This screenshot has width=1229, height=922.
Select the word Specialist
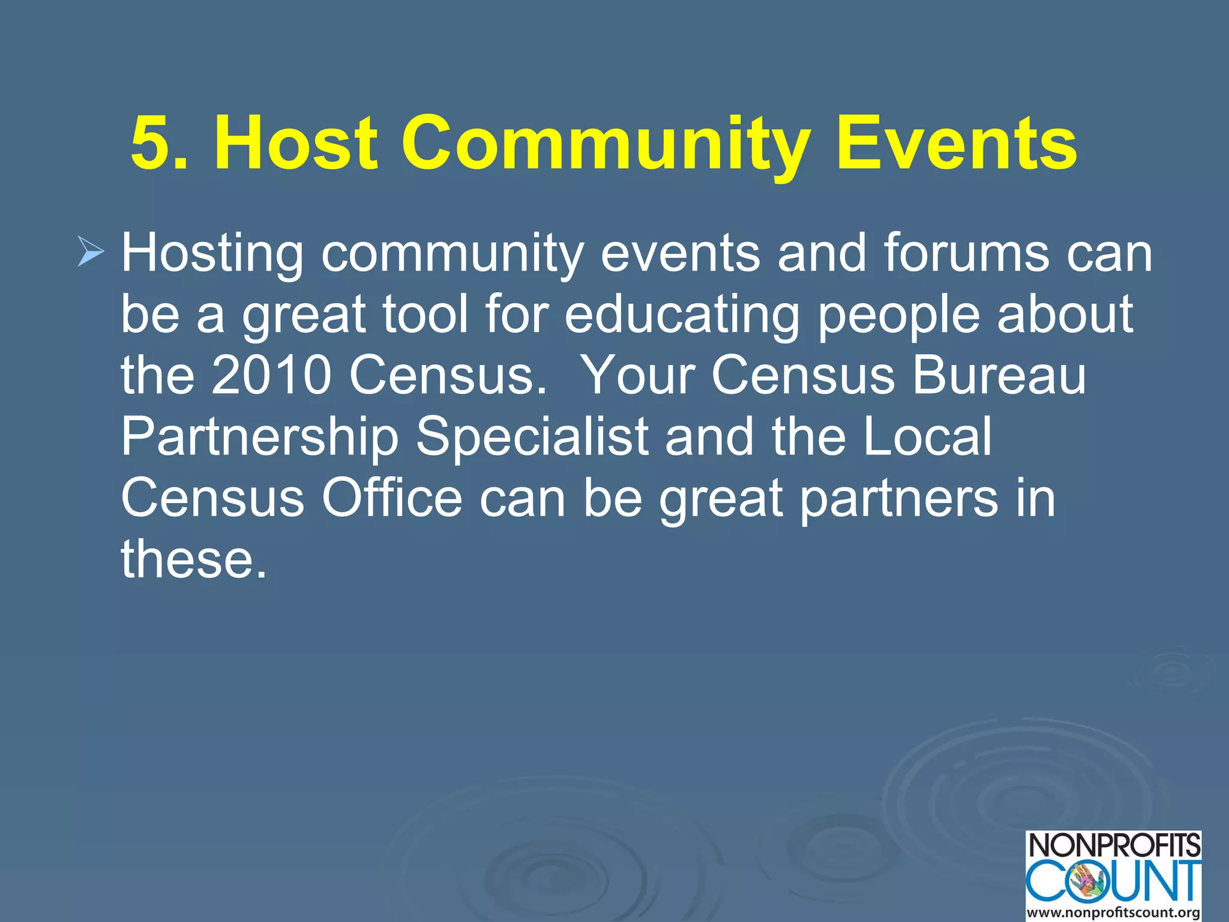(532, 437)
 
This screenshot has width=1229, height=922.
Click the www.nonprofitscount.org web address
(1114, 912)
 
